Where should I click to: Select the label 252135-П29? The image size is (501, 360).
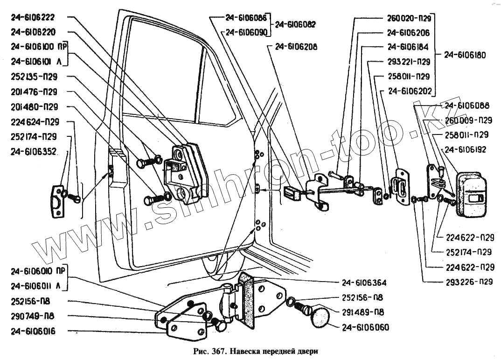pyautogui.click(x=34, y=77)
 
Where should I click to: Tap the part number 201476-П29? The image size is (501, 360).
pyautogui.click(x=34, y=92)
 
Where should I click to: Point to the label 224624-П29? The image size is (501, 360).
pyautogui.click(x=34, y=122)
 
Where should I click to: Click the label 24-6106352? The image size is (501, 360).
pyautogui.click(x=33, y=151)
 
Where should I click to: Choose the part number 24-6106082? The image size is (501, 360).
pyautogui.click(x=296, y=25)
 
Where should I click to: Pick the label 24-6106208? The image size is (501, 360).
pyautogui.click(x=296, y=47)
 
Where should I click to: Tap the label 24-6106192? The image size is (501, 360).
pyautogui.click(x=466, y=150)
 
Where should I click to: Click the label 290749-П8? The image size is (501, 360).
pyautogui.click(x=32, y=316)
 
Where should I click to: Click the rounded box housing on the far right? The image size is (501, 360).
pyautogui.click(x=472, y=194)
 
